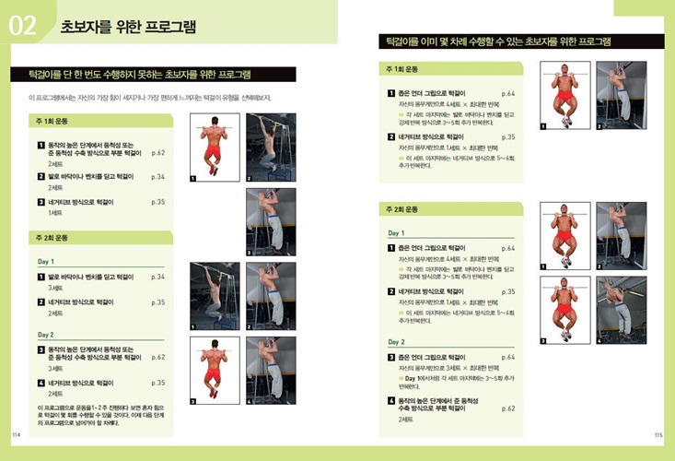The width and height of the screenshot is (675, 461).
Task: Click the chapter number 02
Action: tap(22, 27)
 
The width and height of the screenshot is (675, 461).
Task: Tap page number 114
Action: tap(16, 434)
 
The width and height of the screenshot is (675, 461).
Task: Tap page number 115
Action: tap(658, 434)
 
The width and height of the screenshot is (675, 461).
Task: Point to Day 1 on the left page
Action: tap(46, 261)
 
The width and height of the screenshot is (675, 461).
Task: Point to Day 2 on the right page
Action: tap(398, 342)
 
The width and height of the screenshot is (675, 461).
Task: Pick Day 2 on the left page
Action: tap(46, 334)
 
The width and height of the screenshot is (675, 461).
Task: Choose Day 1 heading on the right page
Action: tap(398, 233)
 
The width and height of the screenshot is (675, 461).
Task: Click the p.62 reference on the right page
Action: tap(508, 408)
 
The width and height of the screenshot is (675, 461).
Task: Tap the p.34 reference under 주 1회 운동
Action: tap(157, 176)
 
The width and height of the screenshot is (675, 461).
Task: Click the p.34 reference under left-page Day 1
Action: tap(157, 277)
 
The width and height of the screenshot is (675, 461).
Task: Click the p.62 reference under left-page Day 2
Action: tap(157, 357)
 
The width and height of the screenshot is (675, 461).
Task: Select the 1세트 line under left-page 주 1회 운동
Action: tap(56, 213)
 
